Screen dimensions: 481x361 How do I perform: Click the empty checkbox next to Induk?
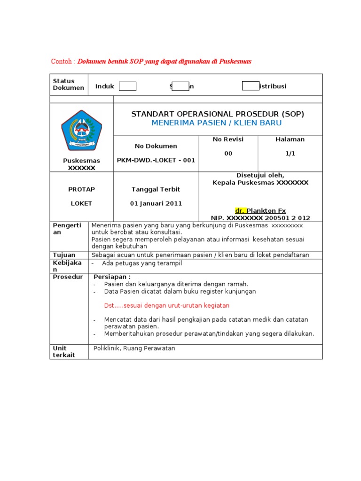pyautogui.click(x=127, y=86)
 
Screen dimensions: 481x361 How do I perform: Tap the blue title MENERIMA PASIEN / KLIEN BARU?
pyautogui.click(x=217, y=123)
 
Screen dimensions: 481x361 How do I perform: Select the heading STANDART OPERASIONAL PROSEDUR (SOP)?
pyautogui.click(x=218, y=114)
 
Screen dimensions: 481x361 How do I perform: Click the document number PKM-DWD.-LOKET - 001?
pyautogui.click(x=156, y=160)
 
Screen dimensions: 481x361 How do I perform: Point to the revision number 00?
pyautogui.click(x=228, y=154)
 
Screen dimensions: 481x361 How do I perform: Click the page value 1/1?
pyautogui.click(x=290, y=154)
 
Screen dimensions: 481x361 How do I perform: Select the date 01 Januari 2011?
pyautogui.click(x=156, y=203)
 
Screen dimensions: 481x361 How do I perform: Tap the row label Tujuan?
pyautogui.click(x=64, y=255)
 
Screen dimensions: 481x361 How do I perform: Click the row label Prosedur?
pyautogui.click(x=68, y=277)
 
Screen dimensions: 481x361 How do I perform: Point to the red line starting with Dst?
pyautogui.click(x=166, y=305)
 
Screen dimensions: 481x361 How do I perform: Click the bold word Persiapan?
pyautogui.click(x=112, y=277)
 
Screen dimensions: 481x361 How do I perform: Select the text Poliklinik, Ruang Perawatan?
pyautogui.click(x=134, y=348)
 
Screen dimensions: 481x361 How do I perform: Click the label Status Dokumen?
pyautogui.click(x=68, y=85)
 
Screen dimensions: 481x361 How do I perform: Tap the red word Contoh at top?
pyautogui.click(x=62, y=62)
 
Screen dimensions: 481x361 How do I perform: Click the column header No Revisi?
pyautogui.click(x=228, y=140)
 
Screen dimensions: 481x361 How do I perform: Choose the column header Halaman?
pyautogui.click(x=290, y=140)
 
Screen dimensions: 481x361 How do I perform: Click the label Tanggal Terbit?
pyautogui.click(x=156, y=189)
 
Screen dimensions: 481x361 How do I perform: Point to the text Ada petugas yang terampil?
pyautogui.click(x=141, y=264)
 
